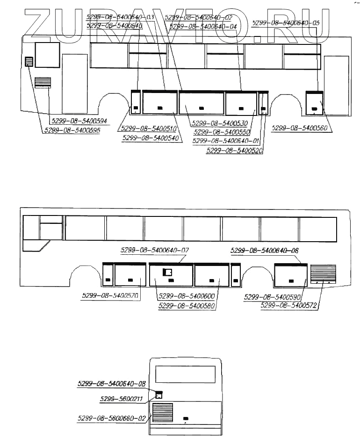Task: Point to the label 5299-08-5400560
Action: click(300, 128)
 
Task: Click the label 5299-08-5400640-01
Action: click(226, 141)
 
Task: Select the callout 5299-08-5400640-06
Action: click(265, 251)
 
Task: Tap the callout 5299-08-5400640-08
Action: click(112, 384)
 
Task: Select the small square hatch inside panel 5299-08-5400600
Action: click(167, 273)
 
